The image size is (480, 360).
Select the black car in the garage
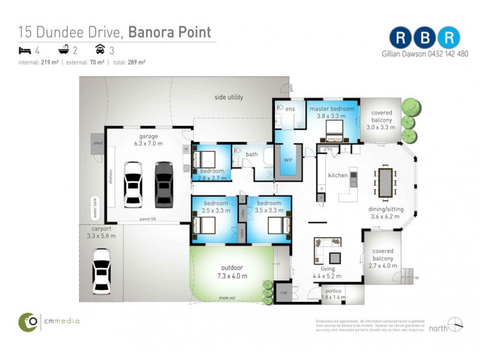tap(163, 184)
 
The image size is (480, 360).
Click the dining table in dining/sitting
tap(385, 182)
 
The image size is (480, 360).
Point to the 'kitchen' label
tap(337, 175)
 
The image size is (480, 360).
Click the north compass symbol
tap(455, 324)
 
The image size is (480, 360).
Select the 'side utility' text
tap(229, 97)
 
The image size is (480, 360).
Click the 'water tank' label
tap(94, 208)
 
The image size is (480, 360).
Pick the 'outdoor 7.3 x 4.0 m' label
tap(231, 271)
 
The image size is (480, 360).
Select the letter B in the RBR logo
tap(424, 38)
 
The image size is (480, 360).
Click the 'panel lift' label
tap(148, 219)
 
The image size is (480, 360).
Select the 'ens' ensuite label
tap(290, 109)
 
